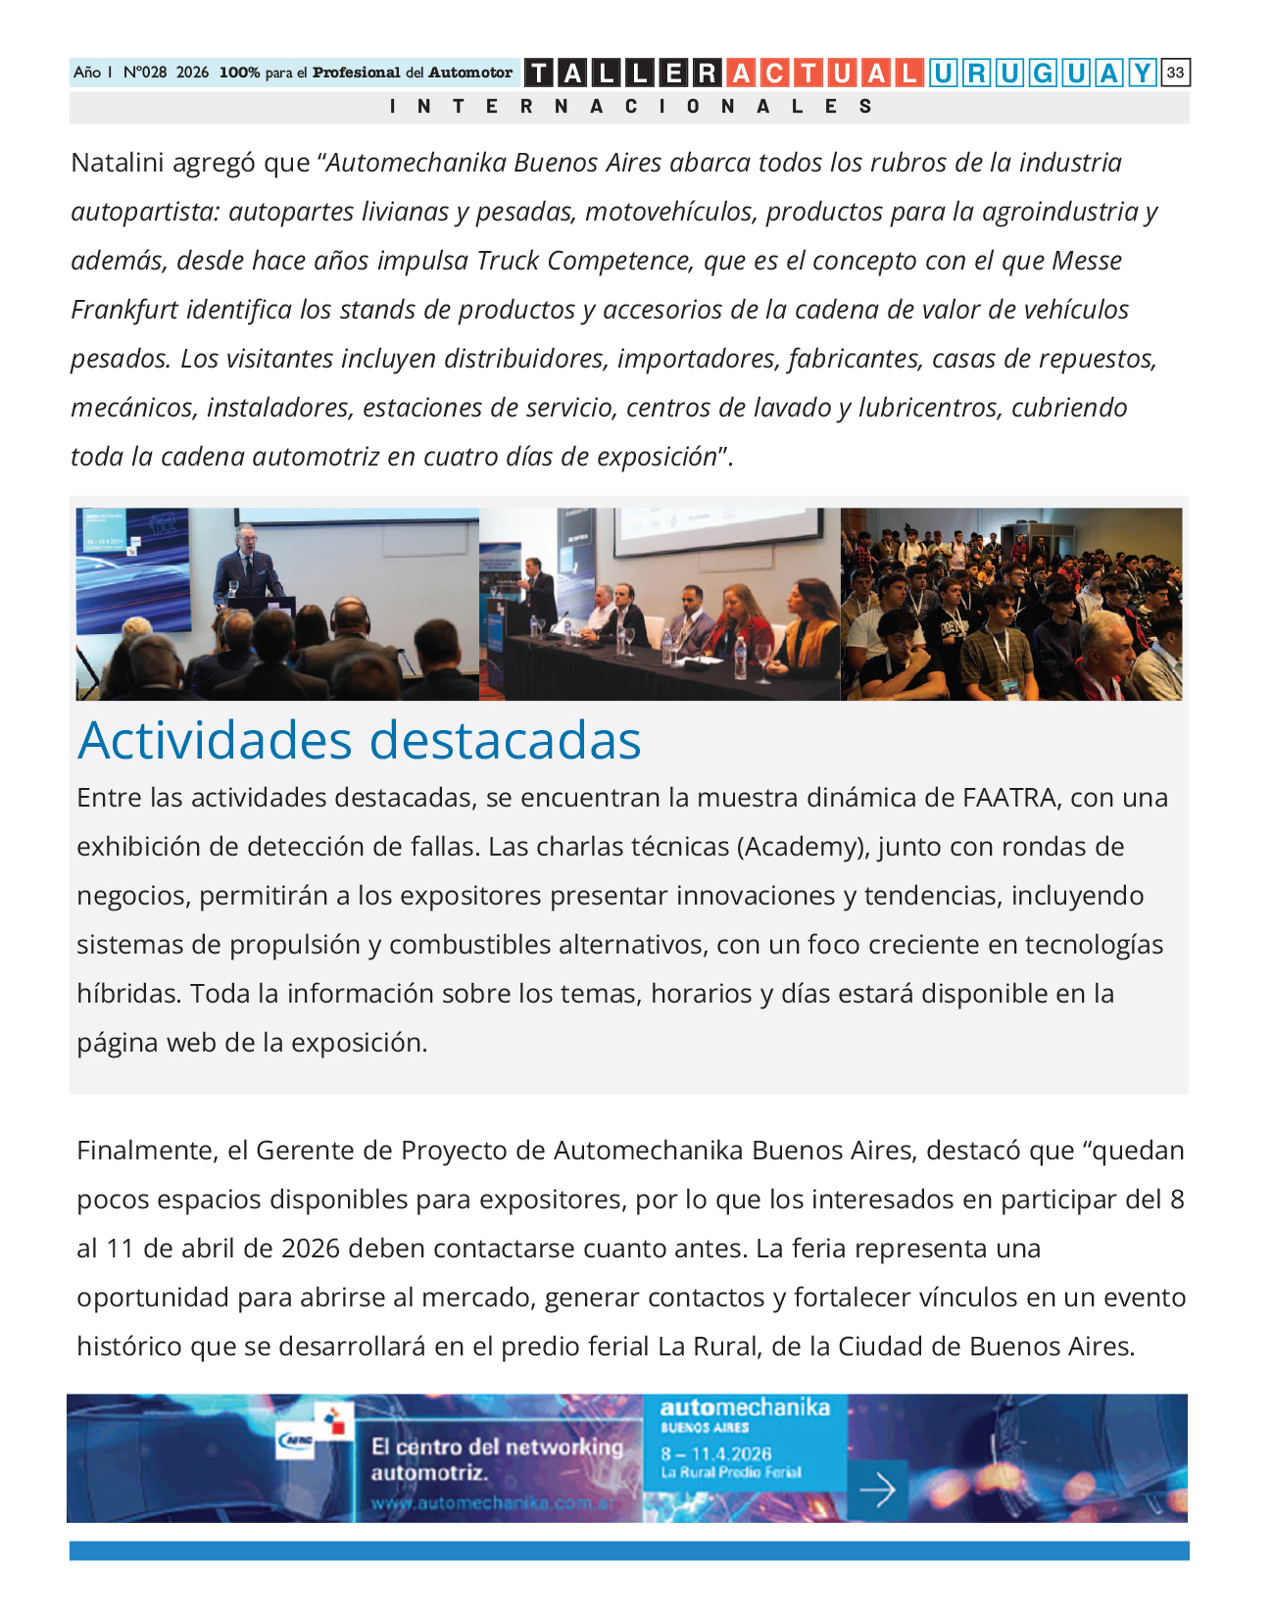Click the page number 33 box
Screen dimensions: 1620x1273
click(x=1175, y=73)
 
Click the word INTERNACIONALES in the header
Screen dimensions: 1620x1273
click(x=630, y=106)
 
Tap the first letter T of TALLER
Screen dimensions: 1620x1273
click(x=539, y=73)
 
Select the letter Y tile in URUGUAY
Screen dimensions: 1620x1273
click(x=1142, y=73)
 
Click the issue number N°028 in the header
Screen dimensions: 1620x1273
click(x=145, y=73)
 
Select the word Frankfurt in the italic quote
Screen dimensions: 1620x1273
click(x=123, y=310)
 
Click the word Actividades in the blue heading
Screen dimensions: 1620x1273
click(x=215, y=741)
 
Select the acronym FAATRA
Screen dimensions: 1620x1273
click(x=1009, y=798)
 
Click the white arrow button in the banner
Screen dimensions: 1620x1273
click(x=876, y=1491)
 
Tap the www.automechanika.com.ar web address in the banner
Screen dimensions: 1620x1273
click(x=494, y=1503)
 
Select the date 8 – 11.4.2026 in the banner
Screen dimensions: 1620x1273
click(x=715, y=1453)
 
